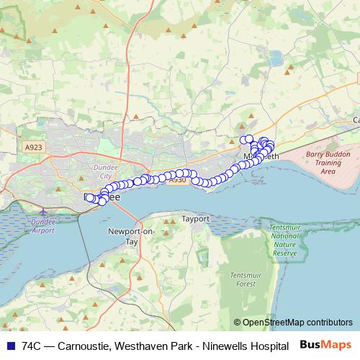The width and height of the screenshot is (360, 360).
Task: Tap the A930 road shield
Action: click(x=178, y=180)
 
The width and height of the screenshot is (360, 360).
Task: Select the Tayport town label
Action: click(x=195, y=217)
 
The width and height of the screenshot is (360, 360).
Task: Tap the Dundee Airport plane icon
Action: click(x=43, y=212)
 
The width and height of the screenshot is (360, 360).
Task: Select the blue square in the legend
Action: click(x=10, y=346)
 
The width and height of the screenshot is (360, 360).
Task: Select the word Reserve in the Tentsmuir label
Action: click(x=284, y=253)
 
